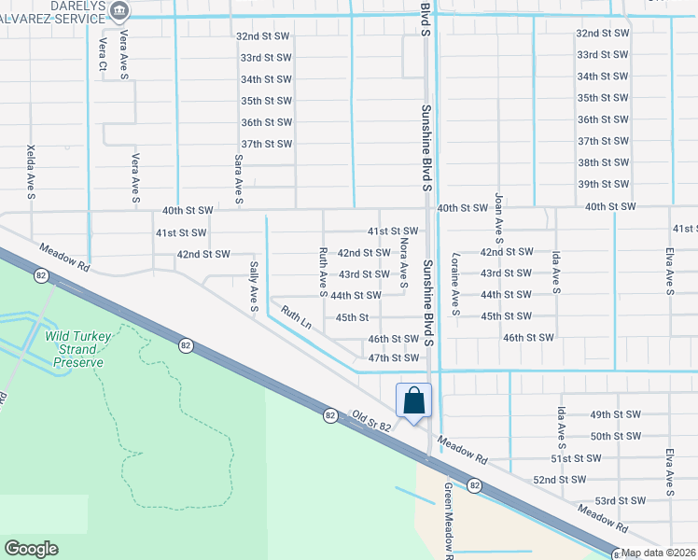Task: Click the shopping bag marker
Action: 414,400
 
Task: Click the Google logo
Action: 31,549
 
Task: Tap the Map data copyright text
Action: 659,553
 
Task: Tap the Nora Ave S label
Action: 403,259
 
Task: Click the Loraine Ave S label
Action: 455,284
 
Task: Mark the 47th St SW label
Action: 393,358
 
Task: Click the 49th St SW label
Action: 614,414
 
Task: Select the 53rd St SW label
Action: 620,501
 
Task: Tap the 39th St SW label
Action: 601,185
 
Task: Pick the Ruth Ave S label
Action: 323,267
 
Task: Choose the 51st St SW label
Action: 574,458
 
